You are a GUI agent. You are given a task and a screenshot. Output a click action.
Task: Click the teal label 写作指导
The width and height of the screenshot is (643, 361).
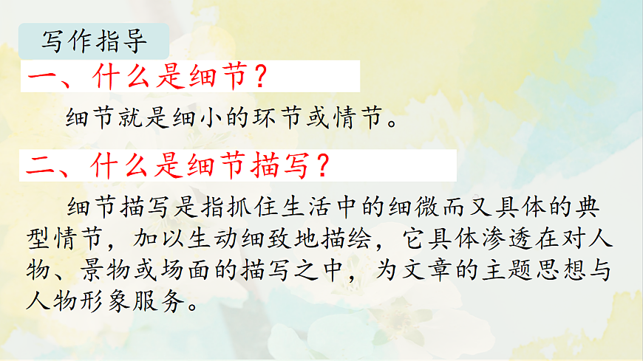point(95,41)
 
